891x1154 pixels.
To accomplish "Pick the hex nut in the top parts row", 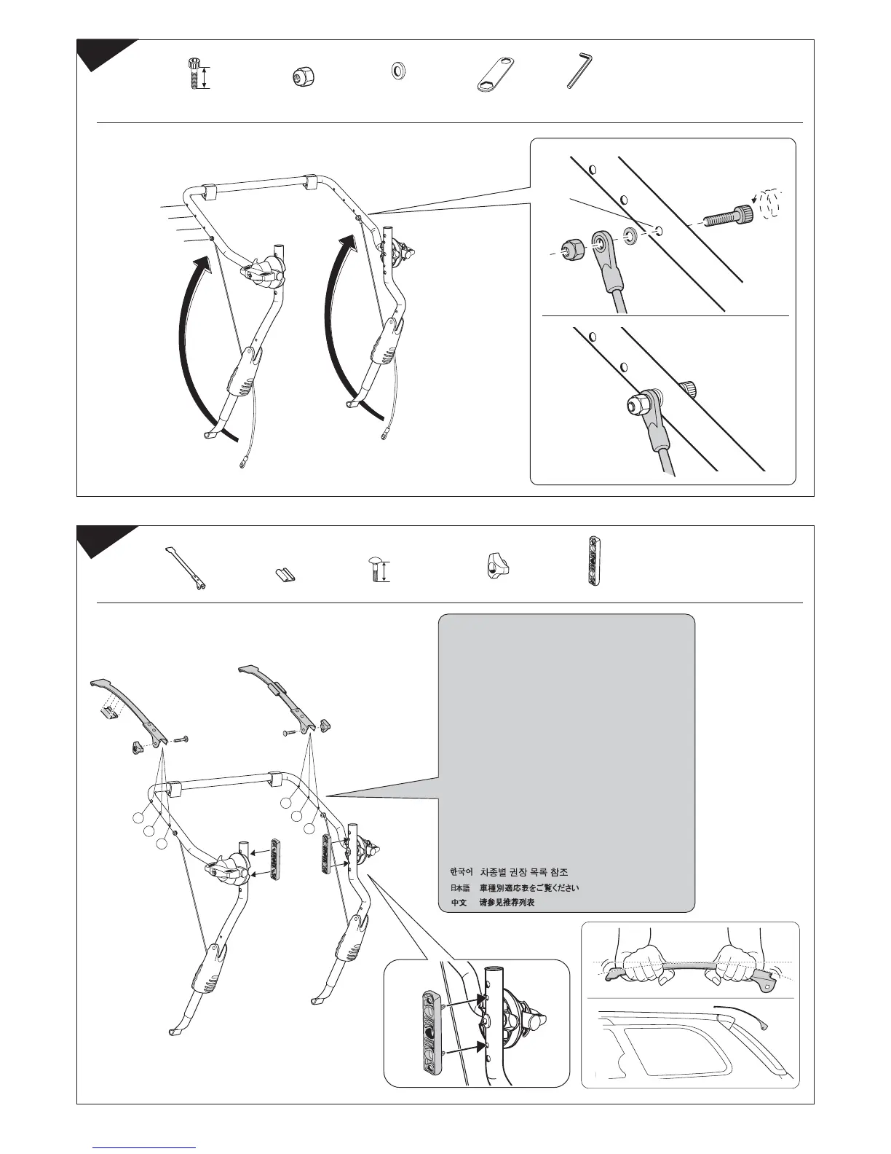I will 298,74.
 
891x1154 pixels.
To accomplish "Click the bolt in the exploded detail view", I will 727,216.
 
